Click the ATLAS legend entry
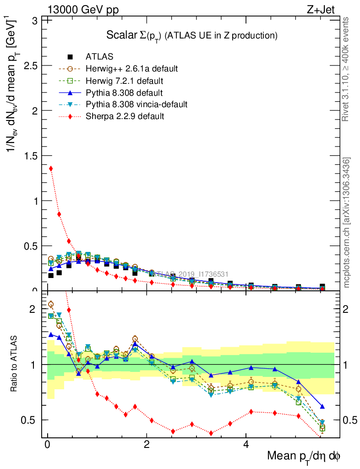(x=99, y=57)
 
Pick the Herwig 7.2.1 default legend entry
(x=124, y=81)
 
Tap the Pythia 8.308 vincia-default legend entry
(x=136, y=104)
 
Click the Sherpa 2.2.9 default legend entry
(x=125, y=116)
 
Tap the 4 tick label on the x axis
(x=246, y=445)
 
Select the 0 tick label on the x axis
(x=47, y=445)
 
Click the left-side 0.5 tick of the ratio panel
(x=31, y=420)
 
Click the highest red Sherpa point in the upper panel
(x=51, y=169)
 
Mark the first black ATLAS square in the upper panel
(x=51, y=275)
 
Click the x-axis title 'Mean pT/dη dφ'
(x=303, y=457)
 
